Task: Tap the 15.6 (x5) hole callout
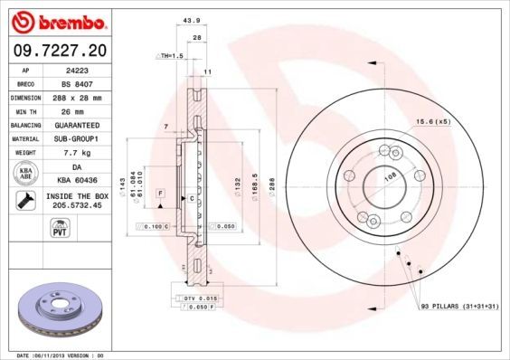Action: tap(432, 121)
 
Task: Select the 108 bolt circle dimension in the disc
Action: tap(389, 179)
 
